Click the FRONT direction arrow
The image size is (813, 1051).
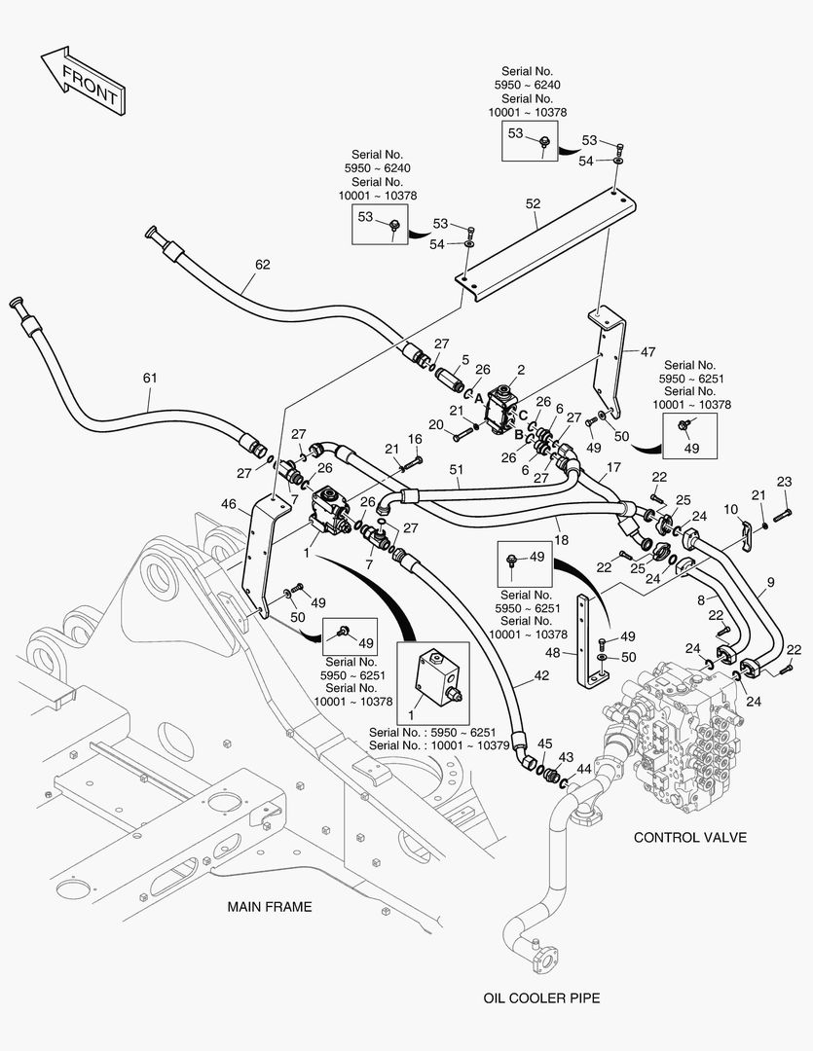[82, 78]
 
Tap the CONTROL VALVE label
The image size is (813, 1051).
[690, 837]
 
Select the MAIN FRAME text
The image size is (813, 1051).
[270, 907]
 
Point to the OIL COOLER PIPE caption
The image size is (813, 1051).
[542, 997]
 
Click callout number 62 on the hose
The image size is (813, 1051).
[263, 264]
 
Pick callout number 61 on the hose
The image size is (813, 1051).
[149, 377]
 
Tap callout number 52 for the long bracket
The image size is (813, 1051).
[533, 204]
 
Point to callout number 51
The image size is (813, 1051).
[457, 470]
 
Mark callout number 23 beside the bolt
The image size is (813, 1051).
[784, 482]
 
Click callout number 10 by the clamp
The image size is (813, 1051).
[729, 509]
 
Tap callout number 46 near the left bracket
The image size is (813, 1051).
[230, 504]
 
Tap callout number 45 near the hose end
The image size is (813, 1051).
[544, 744]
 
